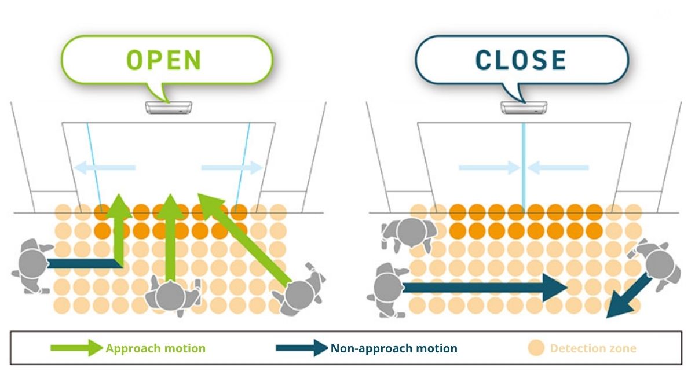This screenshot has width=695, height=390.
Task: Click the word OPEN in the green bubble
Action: (164, 60)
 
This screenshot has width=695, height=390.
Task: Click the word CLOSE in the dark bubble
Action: (521, 60)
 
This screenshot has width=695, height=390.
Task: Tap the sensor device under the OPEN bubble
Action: (169, 108)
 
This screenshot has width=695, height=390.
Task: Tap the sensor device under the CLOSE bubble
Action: (524, 108)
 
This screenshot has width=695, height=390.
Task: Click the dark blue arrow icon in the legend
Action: (302, 348)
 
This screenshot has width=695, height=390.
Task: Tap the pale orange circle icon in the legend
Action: (536, 348)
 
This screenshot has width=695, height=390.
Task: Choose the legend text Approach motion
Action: (155, 348)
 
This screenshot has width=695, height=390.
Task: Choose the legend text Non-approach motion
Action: (394, 348)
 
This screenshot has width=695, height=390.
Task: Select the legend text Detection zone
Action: (593, 348)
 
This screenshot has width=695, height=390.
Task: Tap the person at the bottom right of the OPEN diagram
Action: (299, 292)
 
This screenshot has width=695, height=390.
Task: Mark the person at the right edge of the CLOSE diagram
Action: (658, 263)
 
